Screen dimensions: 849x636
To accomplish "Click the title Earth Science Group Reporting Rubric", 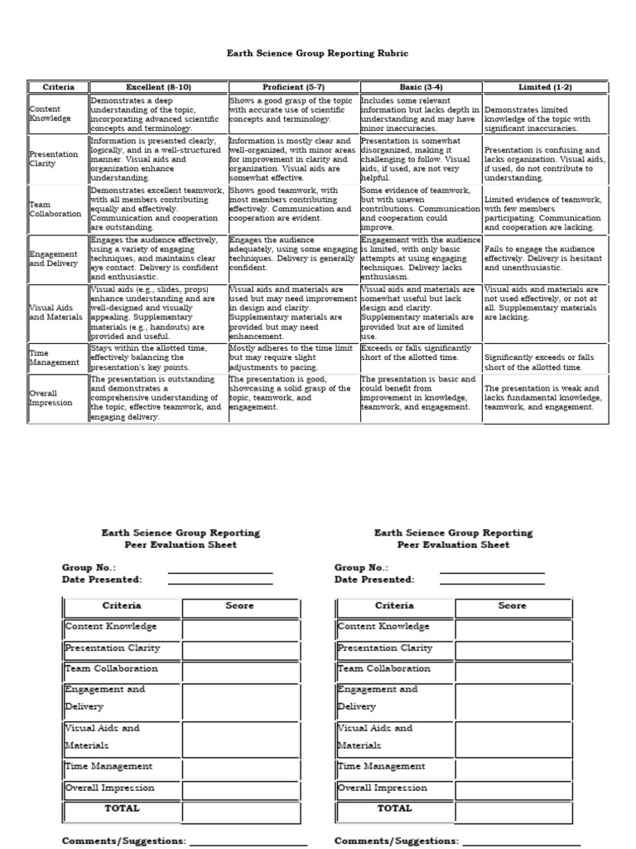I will (318, 53).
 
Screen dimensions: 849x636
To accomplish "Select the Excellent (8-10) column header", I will (158, 87).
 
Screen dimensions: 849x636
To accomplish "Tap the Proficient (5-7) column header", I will (294, 87).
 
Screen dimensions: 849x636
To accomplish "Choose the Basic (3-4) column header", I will (420, 87).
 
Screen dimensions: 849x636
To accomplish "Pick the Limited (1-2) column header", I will (544, 87).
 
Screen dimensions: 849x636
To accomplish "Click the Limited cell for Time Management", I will (544, 362).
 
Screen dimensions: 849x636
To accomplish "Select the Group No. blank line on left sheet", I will (219, 570).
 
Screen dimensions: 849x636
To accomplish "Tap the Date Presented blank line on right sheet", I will (492, 582).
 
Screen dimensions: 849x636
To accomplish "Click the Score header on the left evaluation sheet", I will (240, 606).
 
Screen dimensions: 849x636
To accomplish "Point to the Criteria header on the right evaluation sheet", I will (394, 606).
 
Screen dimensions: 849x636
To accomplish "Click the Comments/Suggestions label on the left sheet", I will (123, 841).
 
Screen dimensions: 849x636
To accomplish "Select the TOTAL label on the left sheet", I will (122, 808).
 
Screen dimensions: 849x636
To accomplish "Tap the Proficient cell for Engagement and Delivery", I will (294, 255).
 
